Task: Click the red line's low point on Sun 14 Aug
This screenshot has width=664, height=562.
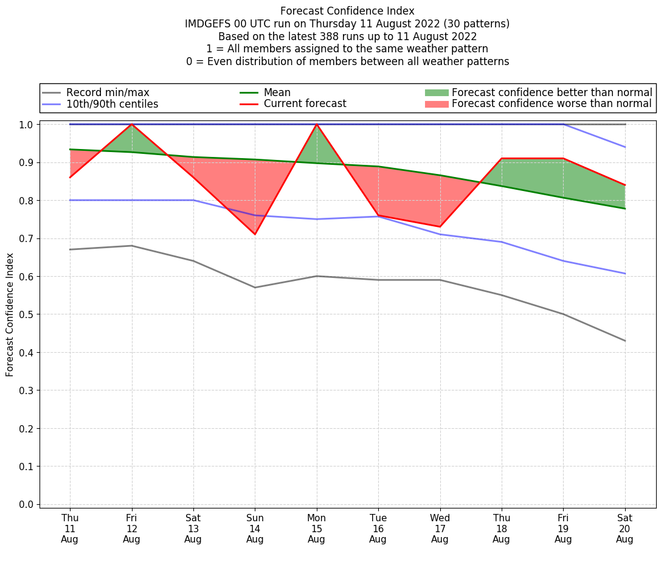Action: [255, 234]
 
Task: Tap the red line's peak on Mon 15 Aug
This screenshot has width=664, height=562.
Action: [317, 124]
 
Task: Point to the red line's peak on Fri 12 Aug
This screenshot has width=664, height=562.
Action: [132, 124]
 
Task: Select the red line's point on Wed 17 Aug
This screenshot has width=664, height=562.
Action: [440, 227]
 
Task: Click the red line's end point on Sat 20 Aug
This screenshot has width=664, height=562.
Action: [625, 185]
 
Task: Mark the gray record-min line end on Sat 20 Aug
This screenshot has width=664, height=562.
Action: [625, 341]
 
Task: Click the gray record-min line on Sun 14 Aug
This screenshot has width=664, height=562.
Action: [255, 288]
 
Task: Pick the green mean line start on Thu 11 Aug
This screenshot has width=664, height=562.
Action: [70, 150]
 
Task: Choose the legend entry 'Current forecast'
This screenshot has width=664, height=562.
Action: [305, 104]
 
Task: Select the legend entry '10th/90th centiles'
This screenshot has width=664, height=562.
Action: [112, 104]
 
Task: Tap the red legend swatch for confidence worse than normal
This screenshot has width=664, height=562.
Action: [436, 104]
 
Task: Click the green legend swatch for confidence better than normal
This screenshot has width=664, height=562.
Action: [436, 93]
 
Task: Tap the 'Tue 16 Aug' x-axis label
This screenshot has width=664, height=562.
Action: [378, 529]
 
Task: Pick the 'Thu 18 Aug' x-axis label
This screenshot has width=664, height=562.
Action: [502, 529]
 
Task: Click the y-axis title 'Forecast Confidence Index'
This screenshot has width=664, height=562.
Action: [10, 314]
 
